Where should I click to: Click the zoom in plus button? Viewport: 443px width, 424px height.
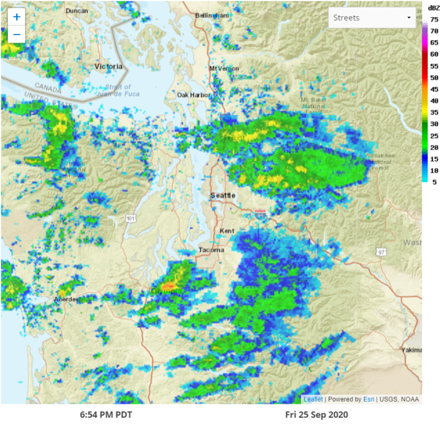tap(17, 17)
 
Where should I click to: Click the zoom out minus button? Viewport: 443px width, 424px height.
tap(17, 35)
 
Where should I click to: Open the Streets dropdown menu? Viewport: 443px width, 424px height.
tap(372, 18)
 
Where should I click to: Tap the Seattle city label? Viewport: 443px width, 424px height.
tap(223, 195)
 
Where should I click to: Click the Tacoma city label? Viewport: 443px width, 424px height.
tap(210, 250)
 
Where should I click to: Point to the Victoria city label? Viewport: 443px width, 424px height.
tap(108, 66)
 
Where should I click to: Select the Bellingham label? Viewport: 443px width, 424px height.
tap(212, 16)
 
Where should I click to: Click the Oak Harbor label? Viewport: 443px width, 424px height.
tap(191, 94)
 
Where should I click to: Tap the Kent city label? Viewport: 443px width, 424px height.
tap(227, 231)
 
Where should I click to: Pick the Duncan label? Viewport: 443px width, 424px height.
tap(76, 11)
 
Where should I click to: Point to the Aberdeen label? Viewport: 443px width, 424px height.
tap(65, 300)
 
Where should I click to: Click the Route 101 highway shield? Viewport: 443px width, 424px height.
tap(131, 218)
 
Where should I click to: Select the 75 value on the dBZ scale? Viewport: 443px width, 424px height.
tap(434, 19)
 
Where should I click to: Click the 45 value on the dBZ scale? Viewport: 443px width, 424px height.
tap(434, 89)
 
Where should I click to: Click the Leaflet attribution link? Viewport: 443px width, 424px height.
tap(314, 399)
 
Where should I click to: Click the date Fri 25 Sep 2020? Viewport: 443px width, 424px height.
tap(317, 414)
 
